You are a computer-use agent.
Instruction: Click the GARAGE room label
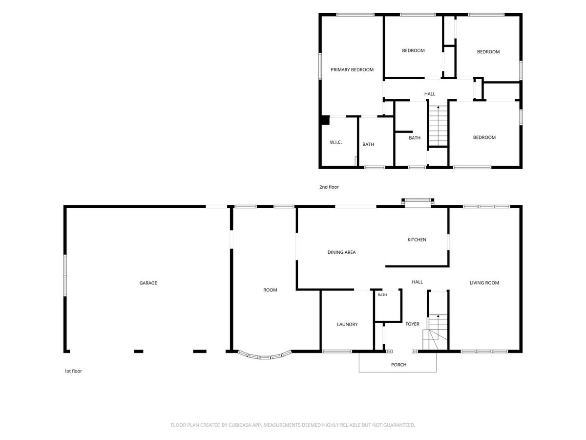click(148, 283)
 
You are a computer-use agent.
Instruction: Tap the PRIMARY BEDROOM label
click(352, 70)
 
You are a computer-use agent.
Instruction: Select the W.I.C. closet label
click(335, 142)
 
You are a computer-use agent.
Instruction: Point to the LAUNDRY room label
click(347, 324)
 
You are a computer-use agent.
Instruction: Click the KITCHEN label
click(417, 240)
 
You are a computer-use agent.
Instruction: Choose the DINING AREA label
click(341, 252)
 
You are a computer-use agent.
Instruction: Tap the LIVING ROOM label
click(484, 283)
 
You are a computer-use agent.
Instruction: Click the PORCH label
click(398, 365)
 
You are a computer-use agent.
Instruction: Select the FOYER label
click(412, 324)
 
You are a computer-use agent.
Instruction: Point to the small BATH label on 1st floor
click(382, 295)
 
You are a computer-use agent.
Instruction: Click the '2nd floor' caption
click(329, 187)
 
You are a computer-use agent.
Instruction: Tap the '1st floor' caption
click(73, 371)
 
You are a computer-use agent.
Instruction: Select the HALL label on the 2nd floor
click(430, 94)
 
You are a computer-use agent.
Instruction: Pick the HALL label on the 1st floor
click(417, 282)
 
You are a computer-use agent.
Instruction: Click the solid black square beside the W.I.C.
click(325, 120)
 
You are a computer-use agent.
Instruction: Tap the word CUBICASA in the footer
click(240, 425)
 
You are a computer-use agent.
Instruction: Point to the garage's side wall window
click(65, 275)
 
